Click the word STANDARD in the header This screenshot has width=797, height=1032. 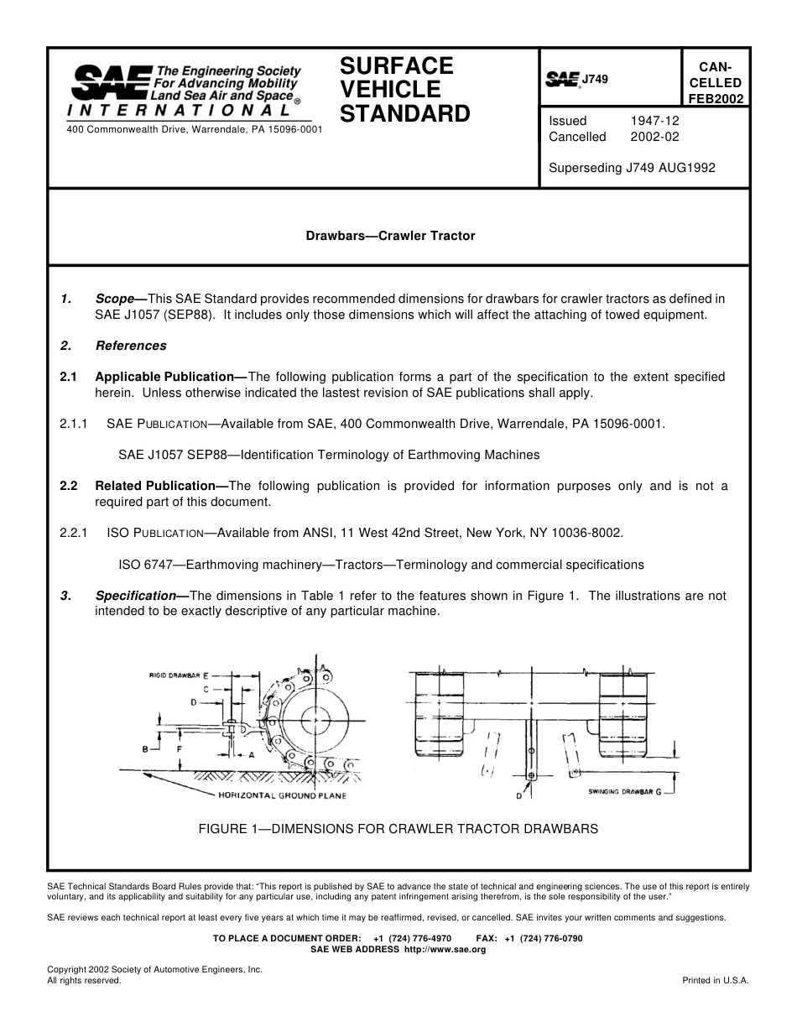404,114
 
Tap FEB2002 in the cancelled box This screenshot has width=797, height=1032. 715,98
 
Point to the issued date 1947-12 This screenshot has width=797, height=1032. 654,121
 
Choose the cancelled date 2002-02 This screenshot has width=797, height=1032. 654,137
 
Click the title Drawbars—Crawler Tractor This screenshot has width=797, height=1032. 390,236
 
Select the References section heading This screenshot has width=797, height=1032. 131,346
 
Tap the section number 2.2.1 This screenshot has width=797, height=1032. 74,533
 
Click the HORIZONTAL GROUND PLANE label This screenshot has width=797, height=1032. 282,795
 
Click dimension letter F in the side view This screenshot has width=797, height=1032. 180,747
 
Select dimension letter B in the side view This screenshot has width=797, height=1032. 145,748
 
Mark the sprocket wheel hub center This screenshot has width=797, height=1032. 315,720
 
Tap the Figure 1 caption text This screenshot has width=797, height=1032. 398,829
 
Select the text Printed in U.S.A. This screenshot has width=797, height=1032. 715,980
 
